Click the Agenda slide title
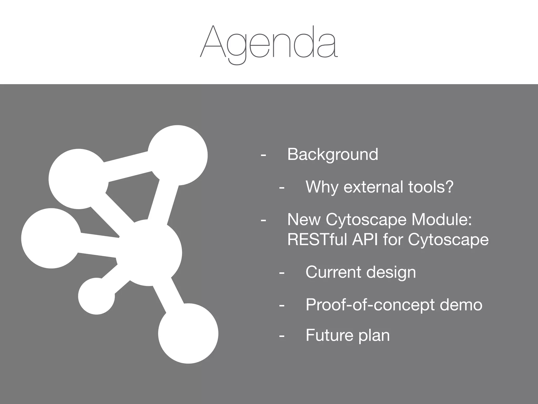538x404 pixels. coord(269,42)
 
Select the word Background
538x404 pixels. coord(333,154)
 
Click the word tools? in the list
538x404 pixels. coord(431,187)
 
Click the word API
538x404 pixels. coord(365,240)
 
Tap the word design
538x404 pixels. coord(391,272)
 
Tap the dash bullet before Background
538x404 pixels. coord(263,155)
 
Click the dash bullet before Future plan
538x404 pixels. coord(282,336)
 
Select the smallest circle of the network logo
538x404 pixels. coord(96,296)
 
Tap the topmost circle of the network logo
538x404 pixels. coord(178,155)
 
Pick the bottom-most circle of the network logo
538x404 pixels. coord(188,333)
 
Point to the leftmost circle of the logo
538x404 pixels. coord(51,238)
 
